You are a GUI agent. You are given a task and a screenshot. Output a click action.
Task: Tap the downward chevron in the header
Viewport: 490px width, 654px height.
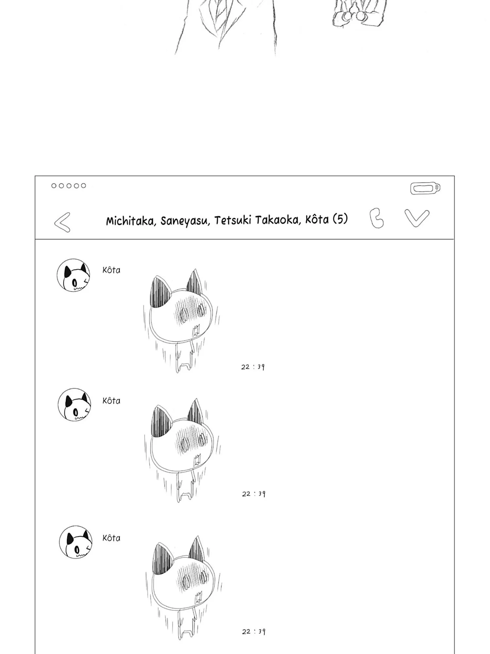click(x=417, y=218)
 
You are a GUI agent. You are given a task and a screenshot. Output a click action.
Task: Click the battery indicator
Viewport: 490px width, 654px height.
click(x=425, y=188)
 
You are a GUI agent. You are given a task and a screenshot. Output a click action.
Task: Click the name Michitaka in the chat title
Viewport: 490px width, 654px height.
click(x=131, y=221)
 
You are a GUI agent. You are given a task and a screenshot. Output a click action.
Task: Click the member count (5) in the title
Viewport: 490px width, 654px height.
click(x=340, y=219)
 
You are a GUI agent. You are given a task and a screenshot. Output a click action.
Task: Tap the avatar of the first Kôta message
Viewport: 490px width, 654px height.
click(x=73, y=275)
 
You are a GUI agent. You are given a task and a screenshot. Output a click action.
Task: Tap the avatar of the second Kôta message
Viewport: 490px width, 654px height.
click(x=74, y=405)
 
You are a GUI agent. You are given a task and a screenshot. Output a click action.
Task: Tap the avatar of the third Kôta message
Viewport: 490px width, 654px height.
click(x=75, y=542)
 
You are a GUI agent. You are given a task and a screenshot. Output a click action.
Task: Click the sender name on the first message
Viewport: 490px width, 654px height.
click(x=111, y=270)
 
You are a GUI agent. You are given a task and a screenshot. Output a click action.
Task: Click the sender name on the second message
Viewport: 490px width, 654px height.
click(x=111, y=401)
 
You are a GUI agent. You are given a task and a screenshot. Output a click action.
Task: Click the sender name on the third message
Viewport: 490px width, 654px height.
click(x=111, y=538)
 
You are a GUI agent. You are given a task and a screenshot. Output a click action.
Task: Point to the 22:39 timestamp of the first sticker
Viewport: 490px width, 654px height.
click(x=253, y=367)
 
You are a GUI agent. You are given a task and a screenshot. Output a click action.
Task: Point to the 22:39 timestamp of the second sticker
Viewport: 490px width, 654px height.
click(x=253, y=494)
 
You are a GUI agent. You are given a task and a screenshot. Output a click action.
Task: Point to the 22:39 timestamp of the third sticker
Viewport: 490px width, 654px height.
click(x=253, y=631)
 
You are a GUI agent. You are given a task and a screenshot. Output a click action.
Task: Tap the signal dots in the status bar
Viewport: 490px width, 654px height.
click(x=69, y=186)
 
